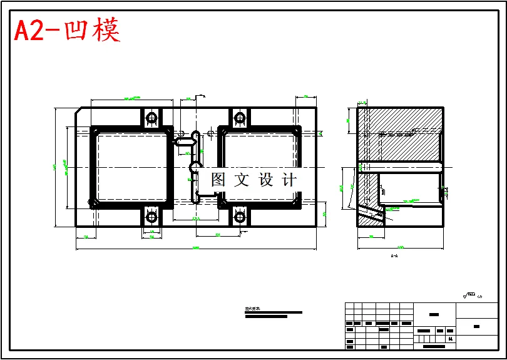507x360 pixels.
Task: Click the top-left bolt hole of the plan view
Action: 151,117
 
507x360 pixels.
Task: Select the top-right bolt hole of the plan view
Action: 239,117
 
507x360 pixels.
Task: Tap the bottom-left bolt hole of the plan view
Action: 151,217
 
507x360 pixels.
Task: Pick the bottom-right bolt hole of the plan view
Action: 239,217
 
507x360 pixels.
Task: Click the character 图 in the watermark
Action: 218,180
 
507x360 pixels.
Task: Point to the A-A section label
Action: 394,256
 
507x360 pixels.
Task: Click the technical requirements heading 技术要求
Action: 253,309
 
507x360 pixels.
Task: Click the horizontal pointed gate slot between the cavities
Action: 185,141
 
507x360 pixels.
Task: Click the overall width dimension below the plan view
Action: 195,249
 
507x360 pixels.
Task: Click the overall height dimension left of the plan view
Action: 55,167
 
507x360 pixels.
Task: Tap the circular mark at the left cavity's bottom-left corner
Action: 93,202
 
